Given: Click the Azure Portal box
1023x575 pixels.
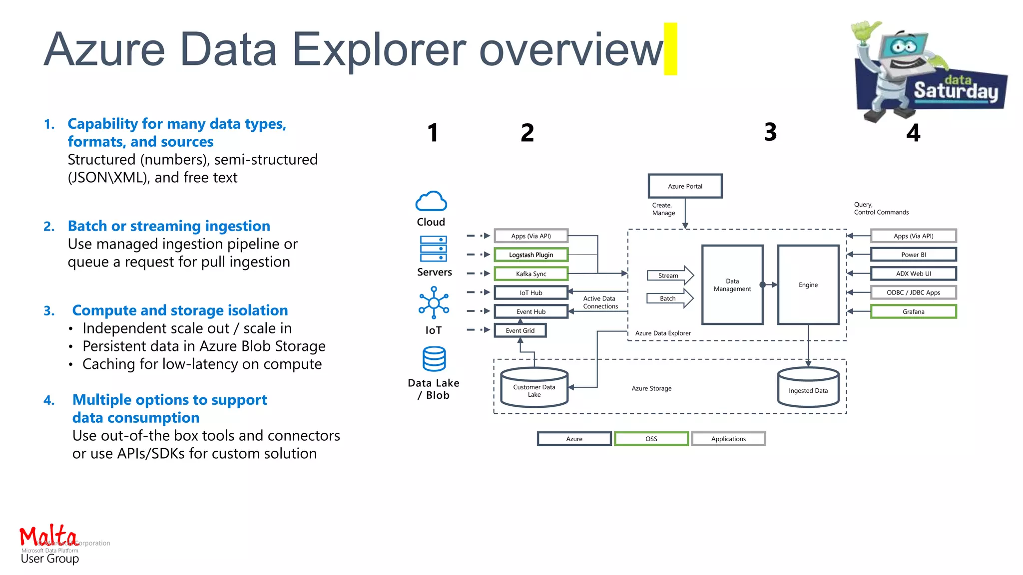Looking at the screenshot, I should (685, 186).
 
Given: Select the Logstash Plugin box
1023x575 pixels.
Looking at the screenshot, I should (531, 255).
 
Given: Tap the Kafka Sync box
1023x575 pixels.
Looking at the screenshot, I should (531, 274).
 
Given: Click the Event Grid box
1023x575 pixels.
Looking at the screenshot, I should (520, 330).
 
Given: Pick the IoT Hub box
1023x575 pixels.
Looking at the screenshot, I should (531, 292).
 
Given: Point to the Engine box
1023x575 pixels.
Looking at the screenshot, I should (808, 285).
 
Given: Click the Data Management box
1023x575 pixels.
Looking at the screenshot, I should (732, 285).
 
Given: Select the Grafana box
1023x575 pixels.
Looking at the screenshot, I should (913, 311).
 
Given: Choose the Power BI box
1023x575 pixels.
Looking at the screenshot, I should (913, 255).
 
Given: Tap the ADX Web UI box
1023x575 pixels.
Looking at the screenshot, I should (913, 274).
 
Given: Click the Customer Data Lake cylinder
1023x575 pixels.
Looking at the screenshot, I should (534, 388).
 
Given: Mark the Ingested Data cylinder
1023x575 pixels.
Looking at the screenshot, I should (808, 388).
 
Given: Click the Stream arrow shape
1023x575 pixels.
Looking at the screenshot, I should (670, 276).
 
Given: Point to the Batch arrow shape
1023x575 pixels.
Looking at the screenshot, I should (670, 298).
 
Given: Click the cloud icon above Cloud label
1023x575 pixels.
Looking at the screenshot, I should (431, 202).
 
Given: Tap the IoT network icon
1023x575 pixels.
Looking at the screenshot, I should (434, 302).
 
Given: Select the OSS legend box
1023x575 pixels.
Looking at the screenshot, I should (651, 439).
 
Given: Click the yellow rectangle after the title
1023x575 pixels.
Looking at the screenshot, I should (670, 49).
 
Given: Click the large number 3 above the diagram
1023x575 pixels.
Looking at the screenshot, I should (770, 132).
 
